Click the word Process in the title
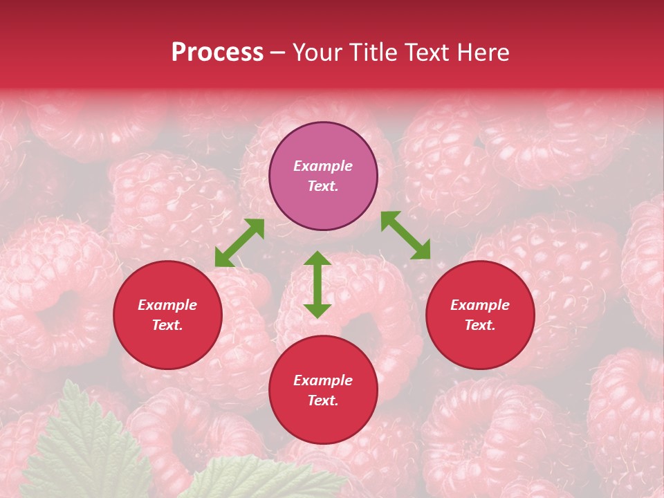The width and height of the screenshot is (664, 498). pos(217,53)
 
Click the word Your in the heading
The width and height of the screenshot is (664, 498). pos(317,53)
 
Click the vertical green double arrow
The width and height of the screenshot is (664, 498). pos(317,284)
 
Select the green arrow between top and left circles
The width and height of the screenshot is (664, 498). pos(239,243)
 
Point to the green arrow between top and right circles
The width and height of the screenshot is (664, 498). pos(405,235)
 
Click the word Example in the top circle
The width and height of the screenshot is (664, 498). pos(323,166)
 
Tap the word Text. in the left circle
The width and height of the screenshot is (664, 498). pos(167,325)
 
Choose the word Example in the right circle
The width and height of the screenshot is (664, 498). pos(480,305)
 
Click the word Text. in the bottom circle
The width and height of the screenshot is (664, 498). pos(323,400)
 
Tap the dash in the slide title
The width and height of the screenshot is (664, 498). pos(277,53)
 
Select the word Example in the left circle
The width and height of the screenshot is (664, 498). pos(167,305)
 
